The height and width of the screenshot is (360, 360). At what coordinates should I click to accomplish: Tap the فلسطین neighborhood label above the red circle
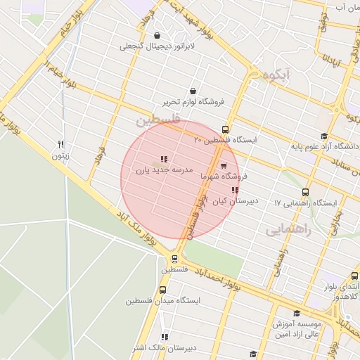click(157, 121)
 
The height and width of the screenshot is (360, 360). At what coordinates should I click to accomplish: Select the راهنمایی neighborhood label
click(288, 229)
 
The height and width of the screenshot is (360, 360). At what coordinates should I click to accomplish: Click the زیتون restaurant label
click(60, 155)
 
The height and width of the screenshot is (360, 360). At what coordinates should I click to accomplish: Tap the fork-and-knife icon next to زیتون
click(61, 145)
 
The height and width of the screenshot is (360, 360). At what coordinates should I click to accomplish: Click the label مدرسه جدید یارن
click(163, 170)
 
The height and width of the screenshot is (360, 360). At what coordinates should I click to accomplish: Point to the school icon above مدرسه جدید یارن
click(163, 159)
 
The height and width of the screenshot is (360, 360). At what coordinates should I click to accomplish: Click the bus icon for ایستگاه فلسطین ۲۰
click(225, 129)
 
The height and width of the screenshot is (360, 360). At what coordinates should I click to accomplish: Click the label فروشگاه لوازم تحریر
click(193, 102)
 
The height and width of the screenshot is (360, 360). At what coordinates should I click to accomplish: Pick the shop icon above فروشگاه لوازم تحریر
click(193, 91)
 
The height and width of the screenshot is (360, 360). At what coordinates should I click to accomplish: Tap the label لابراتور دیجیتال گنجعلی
click(155, 46)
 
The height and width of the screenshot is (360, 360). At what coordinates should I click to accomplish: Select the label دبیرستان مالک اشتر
click(165, 347)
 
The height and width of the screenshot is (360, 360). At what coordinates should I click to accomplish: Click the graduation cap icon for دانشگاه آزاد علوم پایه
click(323, 136)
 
